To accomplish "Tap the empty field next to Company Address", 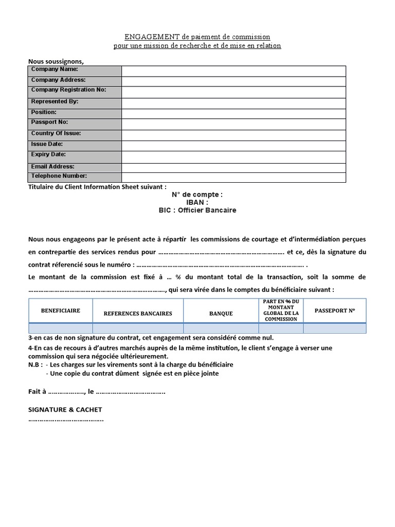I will [x=234, y=81].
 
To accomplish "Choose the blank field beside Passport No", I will [x=234, y=124].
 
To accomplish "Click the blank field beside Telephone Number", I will [x=234, y=178].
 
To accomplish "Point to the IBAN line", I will [x=197, y=203].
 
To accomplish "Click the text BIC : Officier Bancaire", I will [x=197, y=210].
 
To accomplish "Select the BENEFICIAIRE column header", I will [x=61, y=311].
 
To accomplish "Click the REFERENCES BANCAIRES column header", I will [x=138, y=313].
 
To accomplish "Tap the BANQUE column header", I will [x=221, y=313].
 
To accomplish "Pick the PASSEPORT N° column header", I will [x=334, y=311].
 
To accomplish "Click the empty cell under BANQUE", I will [x=221, y=328].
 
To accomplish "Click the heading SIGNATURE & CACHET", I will [x=65, y=410].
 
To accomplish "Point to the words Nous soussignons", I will [x=56, y=61].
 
